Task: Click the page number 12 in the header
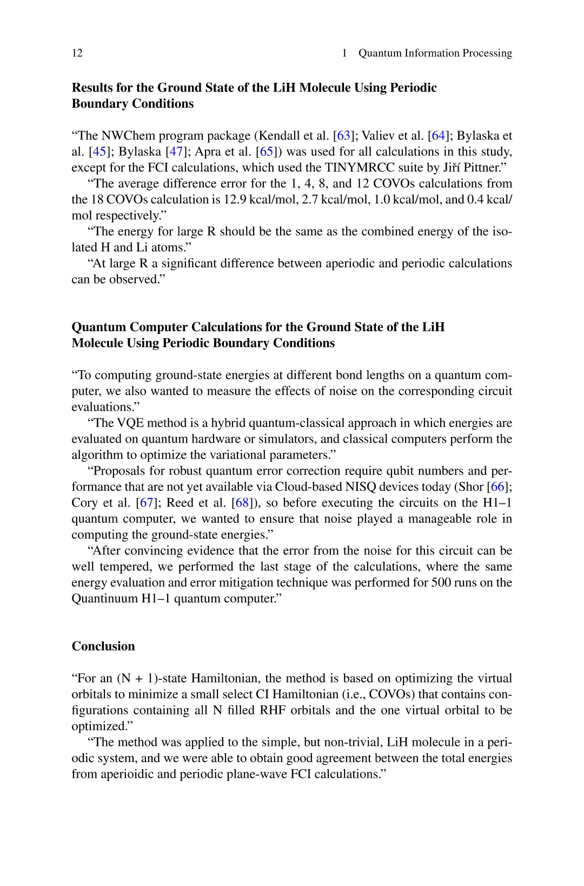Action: pyautogui.click(x=77, y=53)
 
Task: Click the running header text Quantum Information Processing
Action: pyautogui.click(x=435, y=53)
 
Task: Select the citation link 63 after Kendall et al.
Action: pyautogui.click(x=343, y=136)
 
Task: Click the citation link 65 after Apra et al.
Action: pyautogui.click(x=267, y=152)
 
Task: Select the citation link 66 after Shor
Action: pyautogui.click(x=497, y=487)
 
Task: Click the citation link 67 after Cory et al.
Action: pyautogui.click(x=147, y=503)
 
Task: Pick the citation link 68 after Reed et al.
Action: pyautogui.click(x=242, y=503)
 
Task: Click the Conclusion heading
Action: pyautogui.click(x=103, y=646)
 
